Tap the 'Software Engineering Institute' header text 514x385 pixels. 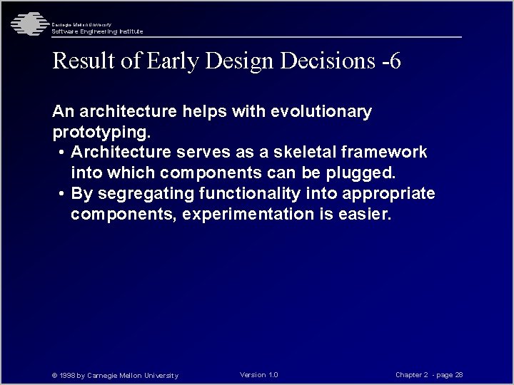pos(97,31)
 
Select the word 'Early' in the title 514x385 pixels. pos(173,61)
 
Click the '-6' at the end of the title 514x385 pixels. pos(391,61)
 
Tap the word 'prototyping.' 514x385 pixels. pos(101,133)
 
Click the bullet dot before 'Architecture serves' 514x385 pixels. pos(63,153)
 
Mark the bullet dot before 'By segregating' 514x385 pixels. pos(63,194)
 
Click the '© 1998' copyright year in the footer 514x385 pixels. pos(63,376)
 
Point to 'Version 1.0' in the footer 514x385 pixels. pos(259,375)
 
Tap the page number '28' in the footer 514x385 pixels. pos(459,375)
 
